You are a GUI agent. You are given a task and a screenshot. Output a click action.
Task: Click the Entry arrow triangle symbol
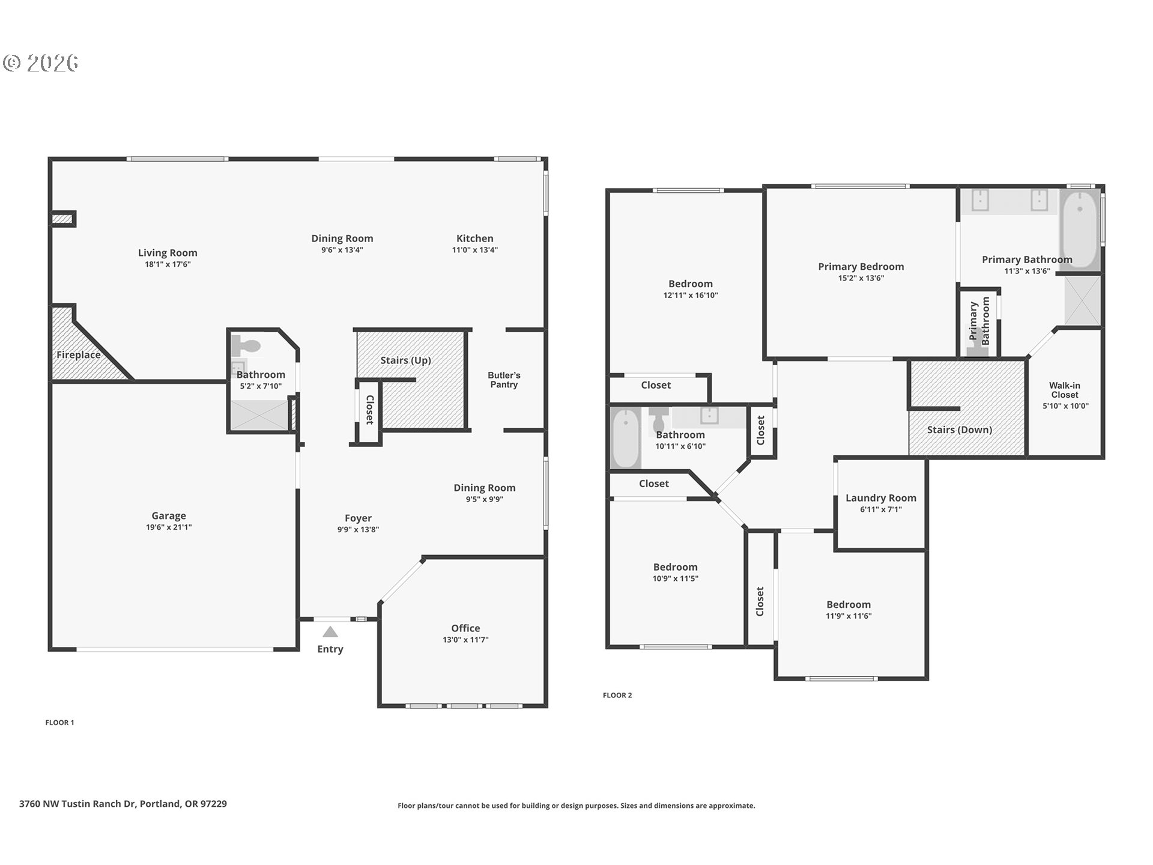[330, 632]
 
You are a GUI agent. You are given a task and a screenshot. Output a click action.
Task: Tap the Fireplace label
[79, 355]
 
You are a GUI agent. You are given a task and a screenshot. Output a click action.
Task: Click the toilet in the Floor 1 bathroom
[247, 345]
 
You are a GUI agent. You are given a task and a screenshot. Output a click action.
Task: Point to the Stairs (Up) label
[405, 360]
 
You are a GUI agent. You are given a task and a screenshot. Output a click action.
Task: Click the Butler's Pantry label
[504, 380]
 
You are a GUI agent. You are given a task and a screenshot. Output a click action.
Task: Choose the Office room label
[465, 628]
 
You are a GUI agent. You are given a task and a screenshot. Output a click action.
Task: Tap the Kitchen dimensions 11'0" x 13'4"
[474, 250]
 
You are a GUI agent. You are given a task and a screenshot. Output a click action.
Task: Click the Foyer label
[358, 518]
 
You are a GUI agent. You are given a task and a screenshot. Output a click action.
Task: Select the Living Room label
[168, 253]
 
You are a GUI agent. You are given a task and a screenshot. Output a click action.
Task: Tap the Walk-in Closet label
[1065, 390]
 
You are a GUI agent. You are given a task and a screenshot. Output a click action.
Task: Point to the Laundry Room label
[881, 498]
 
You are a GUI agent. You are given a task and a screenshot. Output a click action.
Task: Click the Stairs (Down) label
[959, 429]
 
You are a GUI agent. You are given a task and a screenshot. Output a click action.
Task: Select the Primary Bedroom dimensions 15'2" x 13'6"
[861, 278]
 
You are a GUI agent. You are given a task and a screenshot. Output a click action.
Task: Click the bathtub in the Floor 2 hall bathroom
[626, 438]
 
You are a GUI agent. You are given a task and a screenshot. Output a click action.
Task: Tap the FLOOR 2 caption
[617, 695]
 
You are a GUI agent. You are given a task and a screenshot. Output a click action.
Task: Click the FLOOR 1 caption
[59, 723]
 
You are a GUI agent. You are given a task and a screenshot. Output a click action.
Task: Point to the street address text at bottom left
[123, 804]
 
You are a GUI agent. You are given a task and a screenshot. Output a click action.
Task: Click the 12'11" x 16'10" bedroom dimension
[690, 296]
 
